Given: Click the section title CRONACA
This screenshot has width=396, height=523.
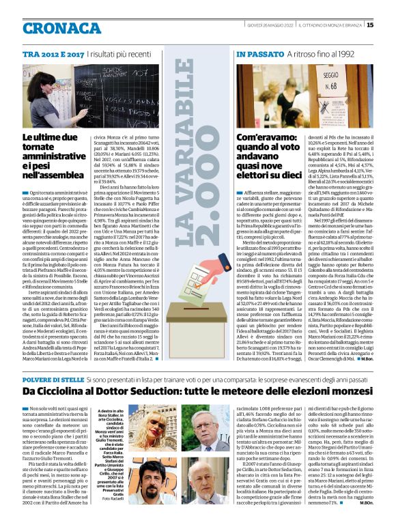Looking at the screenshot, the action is tap(63, 28).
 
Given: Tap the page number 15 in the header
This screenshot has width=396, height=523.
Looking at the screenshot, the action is tap(389, 26).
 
